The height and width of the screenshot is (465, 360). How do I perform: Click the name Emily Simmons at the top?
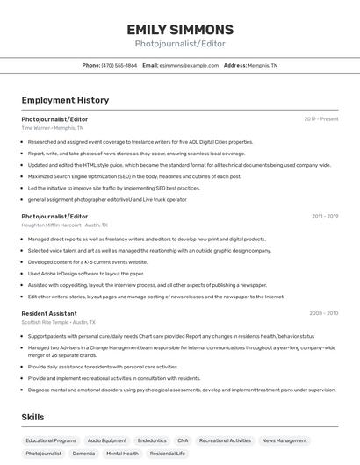tap(179, 29)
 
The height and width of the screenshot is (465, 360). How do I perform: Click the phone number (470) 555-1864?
tap(119, 65)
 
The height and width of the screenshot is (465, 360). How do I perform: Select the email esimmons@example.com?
tap(189, 65)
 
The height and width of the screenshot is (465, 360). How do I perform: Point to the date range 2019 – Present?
tap(321, 118)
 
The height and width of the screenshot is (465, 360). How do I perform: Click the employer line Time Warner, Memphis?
tap(53, 128)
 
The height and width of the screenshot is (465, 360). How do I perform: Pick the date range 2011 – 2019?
tap(324, 216)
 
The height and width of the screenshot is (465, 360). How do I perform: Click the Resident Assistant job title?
tap(49, 313)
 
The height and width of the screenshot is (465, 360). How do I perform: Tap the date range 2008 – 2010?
tap(323, 313)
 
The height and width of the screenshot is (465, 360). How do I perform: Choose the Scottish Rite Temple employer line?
tap(63, 323)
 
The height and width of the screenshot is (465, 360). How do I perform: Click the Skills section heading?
tap(32, 417)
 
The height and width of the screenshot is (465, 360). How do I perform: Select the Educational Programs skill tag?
tap(51, 440)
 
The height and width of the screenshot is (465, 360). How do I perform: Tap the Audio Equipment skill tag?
tap(107, 440)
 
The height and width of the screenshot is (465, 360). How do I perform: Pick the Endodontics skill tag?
tap(152, 440)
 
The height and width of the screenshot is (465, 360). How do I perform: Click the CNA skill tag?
tap(183, 440)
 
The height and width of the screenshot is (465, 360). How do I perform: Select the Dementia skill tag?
tap(84, 454)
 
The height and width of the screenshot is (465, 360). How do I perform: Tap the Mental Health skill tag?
tap(122, 454)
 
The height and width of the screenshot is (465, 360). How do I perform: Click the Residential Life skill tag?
tap(168, 454)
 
